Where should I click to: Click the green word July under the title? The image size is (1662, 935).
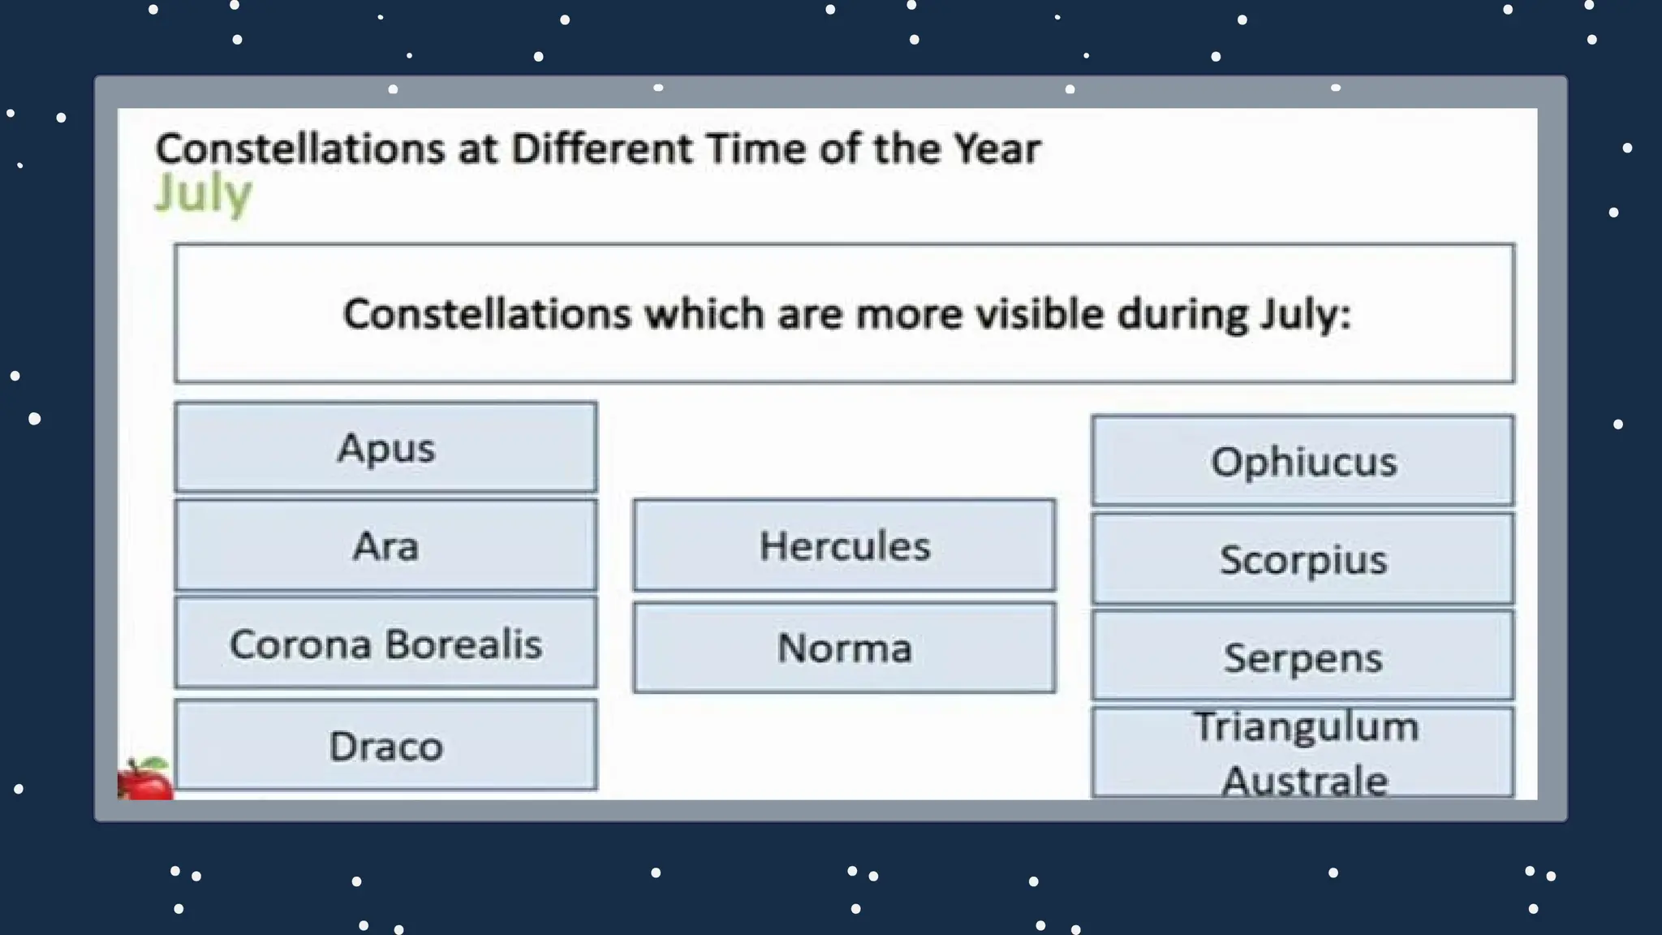point(204,195)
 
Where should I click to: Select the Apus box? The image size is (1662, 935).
point(385,447)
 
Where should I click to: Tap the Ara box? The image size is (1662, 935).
point(385,545)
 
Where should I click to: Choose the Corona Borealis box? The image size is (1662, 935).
point(385,644)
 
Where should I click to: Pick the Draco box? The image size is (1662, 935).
point(385,745)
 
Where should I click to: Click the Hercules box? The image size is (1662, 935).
point(844,545)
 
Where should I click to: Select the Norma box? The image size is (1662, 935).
point(844,648)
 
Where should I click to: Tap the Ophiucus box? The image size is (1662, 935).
point(1302,461)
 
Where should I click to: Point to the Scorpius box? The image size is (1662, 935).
point(1302,559)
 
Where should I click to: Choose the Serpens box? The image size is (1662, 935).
point(1302,657)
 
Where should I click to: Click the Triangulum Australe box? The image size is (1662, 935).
point(1302,752)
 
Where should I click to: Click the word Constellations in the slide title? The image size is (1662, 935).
point(300,149)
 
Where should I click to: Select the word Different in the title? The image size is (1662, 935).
point(601,149)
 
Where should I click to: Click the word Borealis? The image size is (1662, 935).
point(463,644)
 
